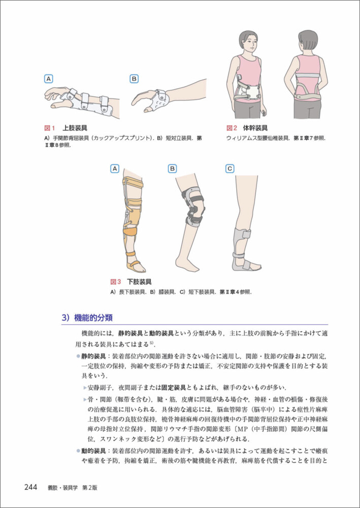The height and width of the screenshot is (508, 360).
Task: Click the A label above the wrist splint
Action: pos(48,79)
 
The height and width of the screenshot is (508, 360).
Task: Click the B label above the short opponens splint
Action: pos(134,79)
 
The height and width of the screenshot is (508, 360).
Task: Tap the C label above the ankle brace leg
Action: pos(230,169)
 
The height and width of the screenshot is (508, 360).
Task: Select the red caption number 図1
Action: pos(50,128)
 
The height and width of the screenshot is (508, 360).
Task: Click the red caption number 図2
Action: pos(232,128)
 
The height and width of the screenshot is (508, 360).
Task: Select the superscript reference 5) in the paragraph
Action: pos(152,342)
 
